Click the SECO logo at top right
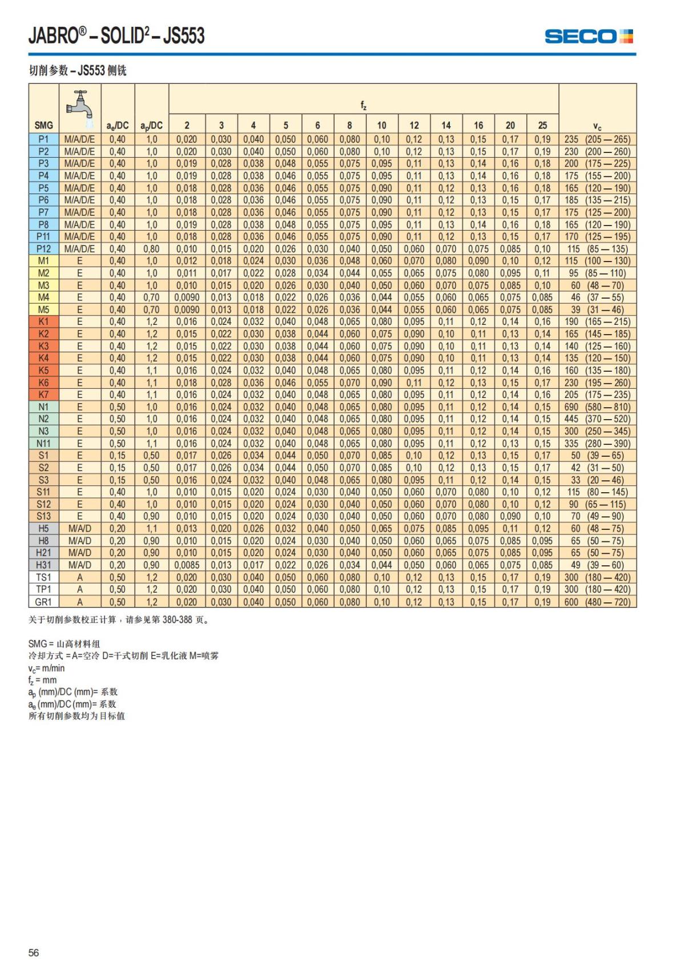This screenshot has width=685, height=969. (x=589, y=37)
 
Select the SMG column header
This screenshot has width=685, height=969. (x=44, y=126)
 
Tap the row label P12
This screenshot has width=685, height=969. (x=44, y=249)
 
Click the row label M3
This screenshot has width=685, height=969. (x=44, y=286)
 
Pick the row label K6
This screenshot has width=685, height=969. (x=44, y=383)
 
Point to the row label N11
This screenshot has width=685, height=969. (x=44, y=444)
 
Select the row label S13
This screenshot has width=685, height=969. (x=44, y=517)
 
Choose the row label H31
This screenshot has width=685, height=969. (x=44, y=565)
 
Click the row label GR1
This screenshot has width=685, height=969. (x=44, y=602)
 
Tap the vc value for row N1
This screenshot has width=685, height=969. (x=597, y=407)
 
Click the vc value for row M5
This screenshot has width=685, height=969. (x=597, y=309)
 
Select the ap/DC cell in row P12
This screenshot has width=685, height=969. (x=151, y=249)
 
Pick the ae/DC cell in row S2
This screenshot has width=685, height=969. (x=118, y=468)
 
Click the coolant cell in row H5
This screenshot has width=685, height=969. (x=80, y=529)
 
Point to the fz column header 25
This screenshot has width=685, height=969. (x=542, y=126)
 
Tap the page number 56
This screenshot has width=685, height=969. (x=34, y=952)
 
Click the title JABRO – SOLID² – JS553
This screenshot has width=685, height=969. (x=116, y=36)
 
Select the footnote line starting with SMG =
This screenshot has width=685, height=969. (x=64, y=644)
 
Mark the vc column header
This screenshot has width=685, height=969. (x=597, y=127)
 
